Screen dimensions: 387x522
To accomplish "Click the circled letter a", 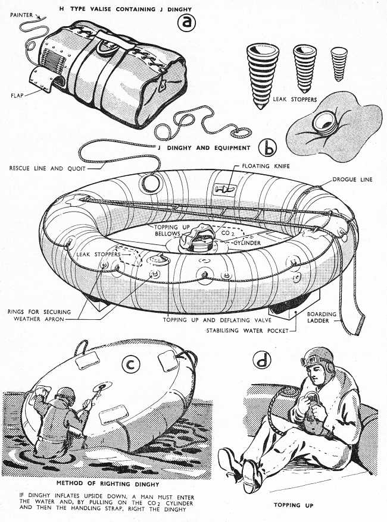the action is tap(186, 23).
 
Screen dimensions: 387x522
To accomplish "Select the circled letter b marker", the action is tap(268, 149).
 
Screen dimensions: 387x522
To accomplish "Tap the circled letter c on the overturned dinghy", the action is tap(131, 365).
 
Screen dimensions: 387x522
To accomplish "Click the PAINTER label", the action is tap(21, 15).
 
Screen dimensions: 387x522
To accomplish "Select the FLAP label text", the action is tap(17, 96).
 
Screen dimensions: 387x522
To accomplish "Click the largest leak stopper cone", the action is tap(263, 76).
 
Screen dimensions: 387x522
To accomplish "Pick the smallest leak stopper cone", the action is tap(339, 64).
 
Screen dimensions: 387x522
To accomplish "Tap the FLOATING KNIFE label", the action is tap(266, 166).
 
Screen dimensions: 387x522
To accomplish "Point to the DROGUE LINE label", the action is tap(352, 180).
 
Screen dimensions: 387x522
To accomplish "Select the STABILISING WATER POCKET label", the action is tap(247, 331).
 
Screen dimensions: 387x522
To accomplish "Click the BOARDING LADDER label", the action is tap(322, 317).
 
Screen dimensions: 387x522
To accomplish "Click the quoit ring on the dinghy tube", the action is tap(151, 184).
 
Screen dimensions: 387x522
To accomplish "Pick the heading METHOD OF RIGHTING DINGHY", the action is tap(108, 483).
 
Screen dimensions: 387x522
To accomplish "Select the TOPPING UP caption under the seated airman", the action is tap(294, 505).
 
